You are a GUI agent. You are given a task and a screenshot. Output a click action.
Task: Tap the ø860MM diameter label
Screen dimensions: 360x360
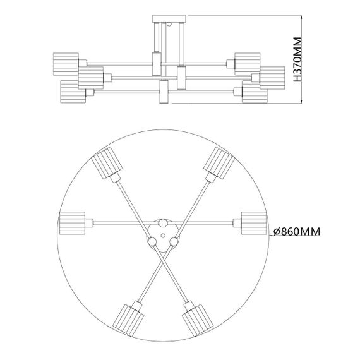[x=296, y=232]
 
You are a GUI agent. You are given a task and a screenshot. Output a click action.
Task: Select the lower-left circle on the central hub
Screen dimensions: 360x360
[x=152, y=240]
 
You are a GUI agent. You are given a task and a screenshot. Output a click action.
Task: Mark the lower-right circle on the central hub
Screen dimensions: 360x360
[x=172, y=240]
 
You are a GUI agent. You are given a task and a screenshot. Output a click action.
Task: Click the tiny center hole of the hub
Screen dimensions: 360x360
[x=162, y=234]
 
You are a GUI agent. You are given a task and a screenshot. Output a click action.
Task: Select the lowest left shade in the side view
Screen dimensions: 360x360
[x=73, y=92]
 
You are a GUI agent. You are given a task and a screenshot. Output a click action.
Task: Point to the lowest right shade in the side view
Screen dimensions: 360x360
[x=253, y=94]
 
